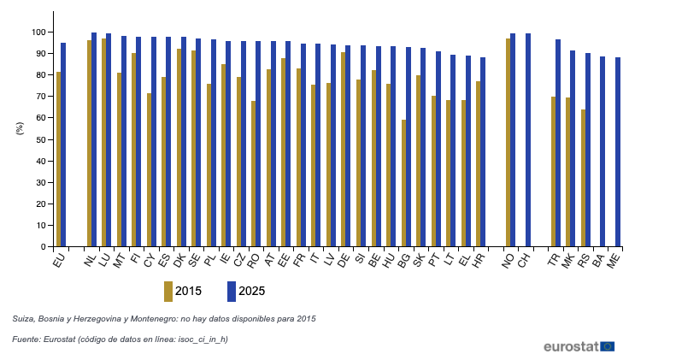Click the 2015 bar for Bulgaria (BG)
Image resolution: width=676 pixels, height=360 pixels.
pyautogui.click(x=404, y=183)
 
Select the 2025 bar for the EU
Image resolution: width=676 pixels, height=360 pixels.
pyautogui.click(x=63, y=145)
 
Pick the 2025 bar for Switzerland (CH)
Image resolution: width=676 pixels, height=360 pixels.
pyautogui.click(x=528, y=140)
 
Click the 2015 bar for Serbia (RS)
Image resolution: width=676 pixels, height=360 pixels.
pyautogui.click(x=583, y=178)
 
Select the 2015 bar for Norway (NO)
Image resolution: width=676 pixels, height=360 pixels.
pyautogui.click(x=508, y=143)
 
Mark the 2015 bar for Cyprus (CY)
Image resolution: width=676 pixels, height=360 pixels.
pyautogui.click(x=150, y=170)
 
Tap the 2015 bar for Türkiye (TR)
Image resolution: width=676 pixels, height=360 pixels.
pyautogui.click(x=553, y=172)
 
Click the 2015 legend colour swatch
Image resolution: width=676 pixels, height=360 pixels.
pyautogui.click(x=168, y=291)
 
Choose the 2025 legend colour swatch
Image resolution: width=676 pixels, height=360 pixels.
pyautogui.click(x=232, y=291)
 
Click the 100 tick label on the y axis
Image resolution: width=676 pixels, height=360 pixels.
pyautogui.click(x=37, y=32)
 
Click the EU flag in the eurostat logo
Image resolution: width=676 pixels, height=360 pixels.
pyautogui.click(x=607, y=346)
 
